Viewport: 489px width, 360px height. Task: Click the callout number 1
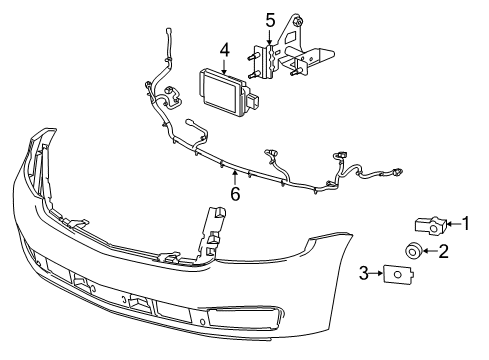click(464, 226)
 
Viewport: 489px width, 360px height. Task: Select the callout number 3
click(365, 271)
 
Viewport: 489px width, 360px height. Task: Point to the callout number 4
click(225, 48)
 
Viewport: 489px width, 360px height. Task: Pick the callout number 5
click(269, 19)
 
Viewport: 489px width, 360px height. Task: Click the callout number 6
click(235, 194)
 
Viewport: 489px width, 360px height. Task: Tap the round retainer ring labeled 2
click(411, 250)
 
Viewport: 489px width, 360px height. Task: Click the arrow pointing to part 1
click(449, 227)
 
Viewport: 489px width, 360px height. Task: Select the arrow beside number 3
click(380, 272)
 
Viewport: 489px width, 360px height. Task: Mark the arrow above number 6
click(235, 174)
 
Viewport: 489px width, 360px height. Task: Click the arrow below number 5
click(269, 36)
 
